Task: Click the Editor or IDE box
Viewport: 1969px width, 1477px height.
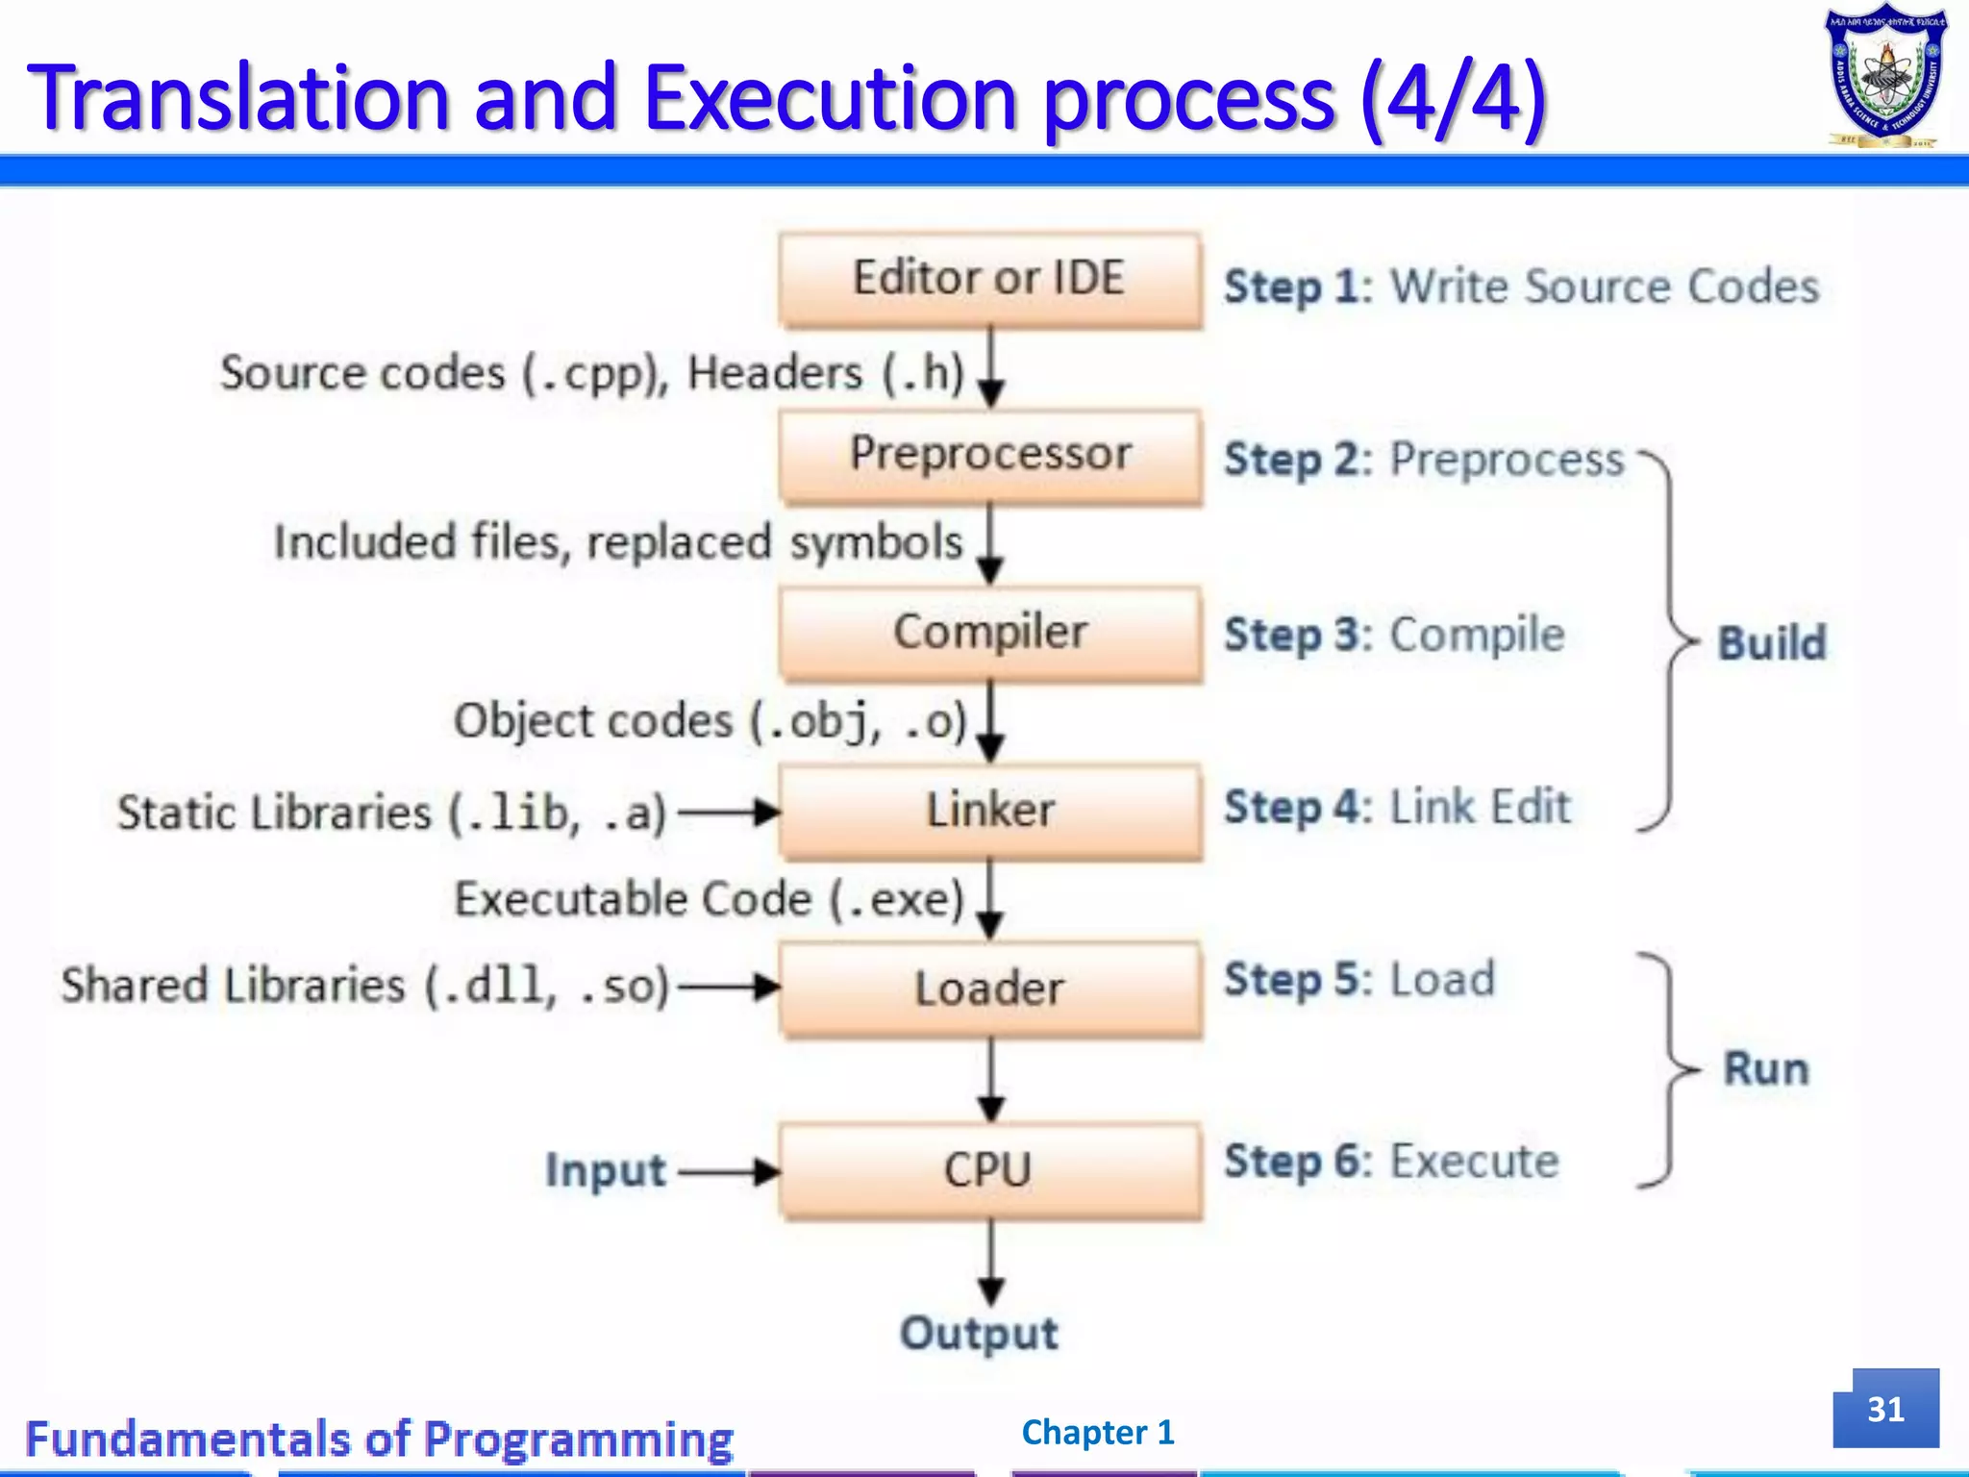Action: tap(989, 280)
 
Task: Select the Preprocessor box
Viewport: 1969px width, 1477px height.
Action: tap(989, 456)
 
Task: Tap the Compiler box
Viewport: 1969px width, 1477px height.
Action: tap(989, 634)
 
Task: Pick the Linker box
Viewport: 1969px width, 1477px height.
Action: tap(989, 811)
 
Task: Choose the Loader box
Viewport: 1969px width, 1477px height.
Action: tap(989, 989)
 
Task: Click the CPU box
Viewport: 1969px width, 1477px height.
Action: tap(989, 1171)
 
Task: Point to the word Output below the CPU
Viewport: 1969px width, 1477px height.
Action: tap(979, 1334)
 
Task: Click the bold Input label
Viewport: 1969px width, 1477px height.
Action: tap(605, 1171)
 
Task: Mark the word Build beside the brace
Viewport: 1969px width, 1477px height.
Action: tap(1771, 643)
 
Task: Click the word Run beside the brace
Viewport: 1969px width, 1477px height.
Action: tap(1765, 1069)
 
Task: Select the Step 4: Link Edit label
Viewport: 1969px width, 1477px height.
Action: tap(1396, 807)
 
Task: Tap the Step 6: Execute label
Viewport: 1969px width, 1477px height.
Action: tap(1390, 1162)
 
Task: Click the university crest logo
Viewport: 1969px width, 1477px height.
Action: tap(1885, 77)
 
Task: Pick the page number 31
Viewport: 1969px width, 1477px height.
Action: tap(1885, 1409)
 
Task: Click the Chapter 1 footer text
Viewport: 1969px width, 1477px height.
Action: tap(1098, 1433)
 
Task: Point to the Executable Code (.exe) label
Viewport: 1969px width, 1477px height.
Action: tap(709, 899)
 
